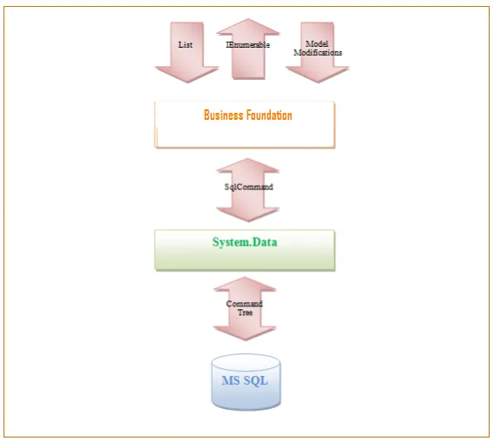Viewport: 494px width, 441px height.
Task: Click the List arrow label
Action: tap(185, 45)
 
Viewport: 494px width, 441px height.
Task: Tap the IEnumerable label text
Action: tap(247, 45)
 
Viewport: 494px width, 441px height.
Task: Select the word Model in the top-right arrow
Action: tap(317, 43)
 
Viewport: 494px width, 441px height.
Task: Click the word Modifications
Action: tap(318, 53)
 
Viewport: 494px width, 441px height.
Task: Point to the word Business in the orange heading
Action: tap(224, 115)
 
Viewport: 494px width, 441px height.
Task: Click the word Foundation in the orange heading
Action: tap(269, 115)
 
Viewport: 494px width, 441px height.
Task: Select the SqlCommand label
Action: tap(248, 188)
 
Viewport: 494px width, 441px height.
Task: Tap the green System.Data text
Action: tap(245, 242)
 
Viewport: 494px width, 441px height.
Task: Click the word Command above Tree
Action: tap(245, 304)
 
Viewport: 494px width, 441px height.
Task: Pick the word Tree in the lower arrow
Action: tap(245, 313)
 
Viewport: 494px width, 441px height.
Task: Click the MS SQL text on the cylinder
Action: tap(245, 380)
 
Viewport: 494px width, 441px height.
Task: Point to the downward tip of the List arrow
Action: tap(188, 82)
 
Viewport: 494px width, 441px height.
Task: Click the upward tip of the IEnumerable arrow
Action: tap(248, 19)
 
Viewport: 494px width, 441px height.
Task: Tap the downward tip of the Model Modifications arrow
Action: tap(318, 82)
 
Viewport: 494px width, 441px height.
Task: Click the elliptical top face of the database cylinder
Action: tap(246, 362)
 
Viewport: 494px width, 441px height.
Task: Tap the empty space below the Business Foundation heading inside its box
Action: tap(245, 135)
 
